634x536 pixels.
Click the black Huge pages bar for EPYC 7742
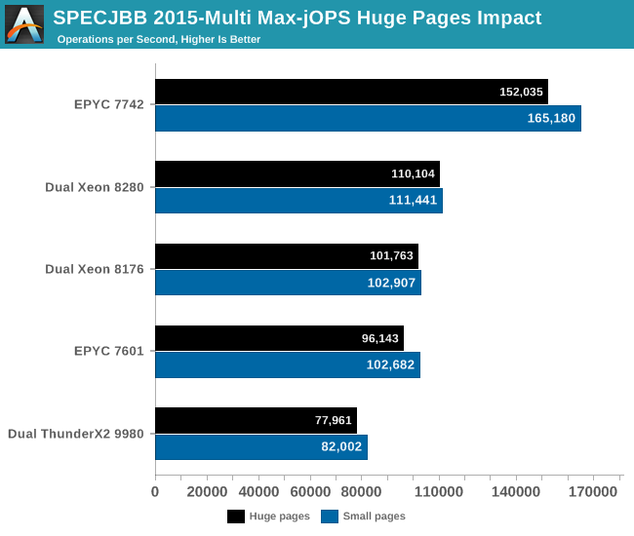coord(351,92)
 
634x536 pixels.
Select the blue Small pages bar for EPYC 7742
coord(368,119)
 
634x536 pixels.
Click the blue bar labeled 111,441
coord(298,201)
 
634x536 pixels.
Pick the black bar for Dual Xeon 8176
coord(287,256)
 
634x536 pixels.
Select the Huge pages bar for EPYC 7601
coord(279,338)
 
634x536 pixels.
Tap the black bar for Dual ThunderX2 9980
coord(256,420)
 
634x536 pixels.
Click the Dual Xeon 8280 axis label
coord(95,187)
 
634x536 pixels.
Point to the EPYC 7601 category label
coord(109,351)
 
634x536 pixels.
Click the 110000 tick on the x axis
coord(439,493)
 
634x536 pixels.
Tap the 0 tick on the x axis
coord(155,493)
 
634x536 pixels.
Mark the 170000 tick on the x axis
coord(594,493)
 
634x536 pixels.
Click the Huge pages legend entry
coord(268,517)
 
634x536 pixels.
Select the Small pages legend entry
coord(363,517)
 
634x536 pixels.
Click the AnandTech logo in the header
coord(24,24)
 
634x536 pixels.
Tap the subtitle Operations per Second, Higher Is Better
coord(159,40)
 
